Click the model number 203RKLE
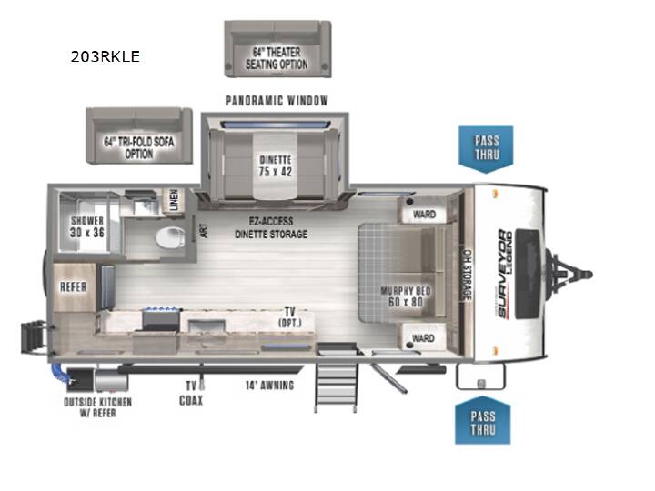106,56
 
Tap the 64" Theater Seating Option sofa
277,49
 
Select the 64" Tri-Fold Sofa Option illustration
139,135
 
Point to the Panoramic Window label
277,101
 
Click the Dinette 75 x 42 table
275,165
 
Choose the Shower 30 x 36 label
87,226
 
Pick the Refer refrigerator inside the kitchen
74,287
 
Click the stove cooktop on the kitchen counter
162,318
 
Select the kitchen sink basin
207,326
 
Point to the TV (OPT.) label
290,317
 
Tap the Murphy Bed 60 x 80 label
405,296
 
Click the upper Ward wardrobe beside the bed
424,210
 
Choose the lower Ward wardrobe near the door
423,337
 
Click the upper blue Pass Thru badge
486,148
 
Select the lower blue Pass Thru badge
483,421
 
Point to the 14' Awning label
270,386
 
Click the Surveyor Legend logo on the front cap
505,274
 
